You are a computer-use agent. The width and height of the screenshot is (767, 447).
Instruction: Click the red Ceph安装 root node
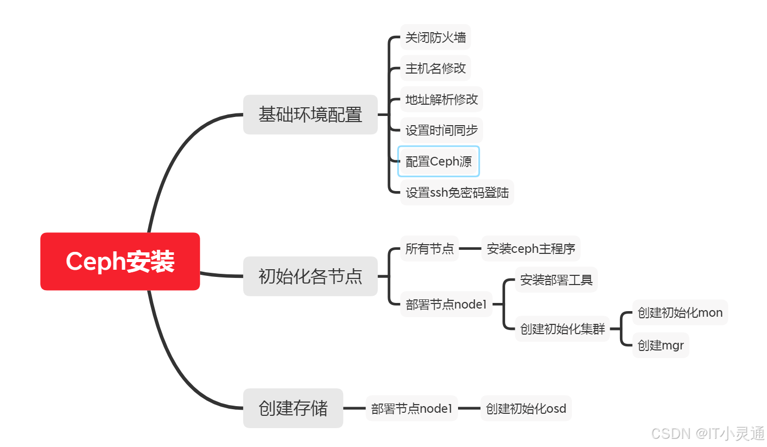coord(120,262)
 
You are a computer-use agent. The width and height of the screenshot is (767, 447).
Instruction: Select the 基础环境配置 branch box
coord(310,114)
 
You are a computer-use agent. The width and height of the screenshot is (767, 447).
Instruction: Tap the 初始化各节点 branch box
coord(310,276)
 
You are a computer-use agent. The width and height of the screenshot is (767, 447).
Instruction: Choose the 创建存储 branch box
coord(293,408)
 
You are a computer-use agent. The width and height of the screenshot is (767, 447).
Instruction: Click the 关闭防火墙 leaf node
coord(435,37)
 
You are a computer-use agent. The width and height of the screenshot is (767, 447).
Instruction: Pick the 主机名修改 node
coord(435,68)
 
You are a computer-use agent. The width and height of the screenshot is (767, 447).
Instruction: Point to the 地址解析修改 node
coord(441,100)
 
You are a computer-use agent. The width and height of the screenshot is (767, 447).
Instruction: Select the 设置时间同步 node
coord(441,130)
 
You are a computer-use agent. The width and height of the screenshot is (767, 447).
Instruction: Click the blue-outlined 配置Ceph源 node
coord(438,161)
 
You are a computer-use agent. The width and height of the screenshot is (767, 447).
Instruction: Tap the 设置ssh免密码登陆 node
coord(457,193)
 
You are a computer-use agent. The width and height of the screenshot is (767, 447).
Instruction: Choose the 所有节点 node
coord(429,249)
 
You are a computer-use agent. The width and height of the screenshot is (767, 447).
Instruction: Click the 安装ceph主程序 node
coord(531,249)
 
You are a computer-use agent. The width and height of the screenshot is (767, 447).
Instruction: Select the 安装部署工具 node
coord(556,280)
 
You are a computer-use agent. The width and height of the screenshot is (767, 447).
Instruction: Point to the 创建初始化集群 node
coord(562,329)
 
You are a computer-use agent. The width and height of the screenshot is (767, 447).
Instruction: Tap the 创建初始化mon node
coord(680,313)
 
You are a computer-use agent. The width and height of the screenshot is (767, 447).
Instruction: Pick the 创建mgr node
coord(660,345)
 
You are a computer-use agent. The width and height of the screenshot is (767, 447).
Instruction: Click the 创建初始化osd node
coord(525,409)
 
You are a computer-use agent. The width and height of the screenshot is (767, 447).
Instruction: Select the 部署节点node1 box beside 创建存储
coord(412,409)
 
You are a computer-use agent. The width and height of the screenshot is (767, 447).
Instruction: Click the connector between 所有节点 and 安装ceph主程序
coord(470,249)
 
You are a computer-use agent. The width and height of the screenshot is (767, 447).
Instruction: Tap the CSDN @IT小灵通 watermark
coord(707,434)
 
